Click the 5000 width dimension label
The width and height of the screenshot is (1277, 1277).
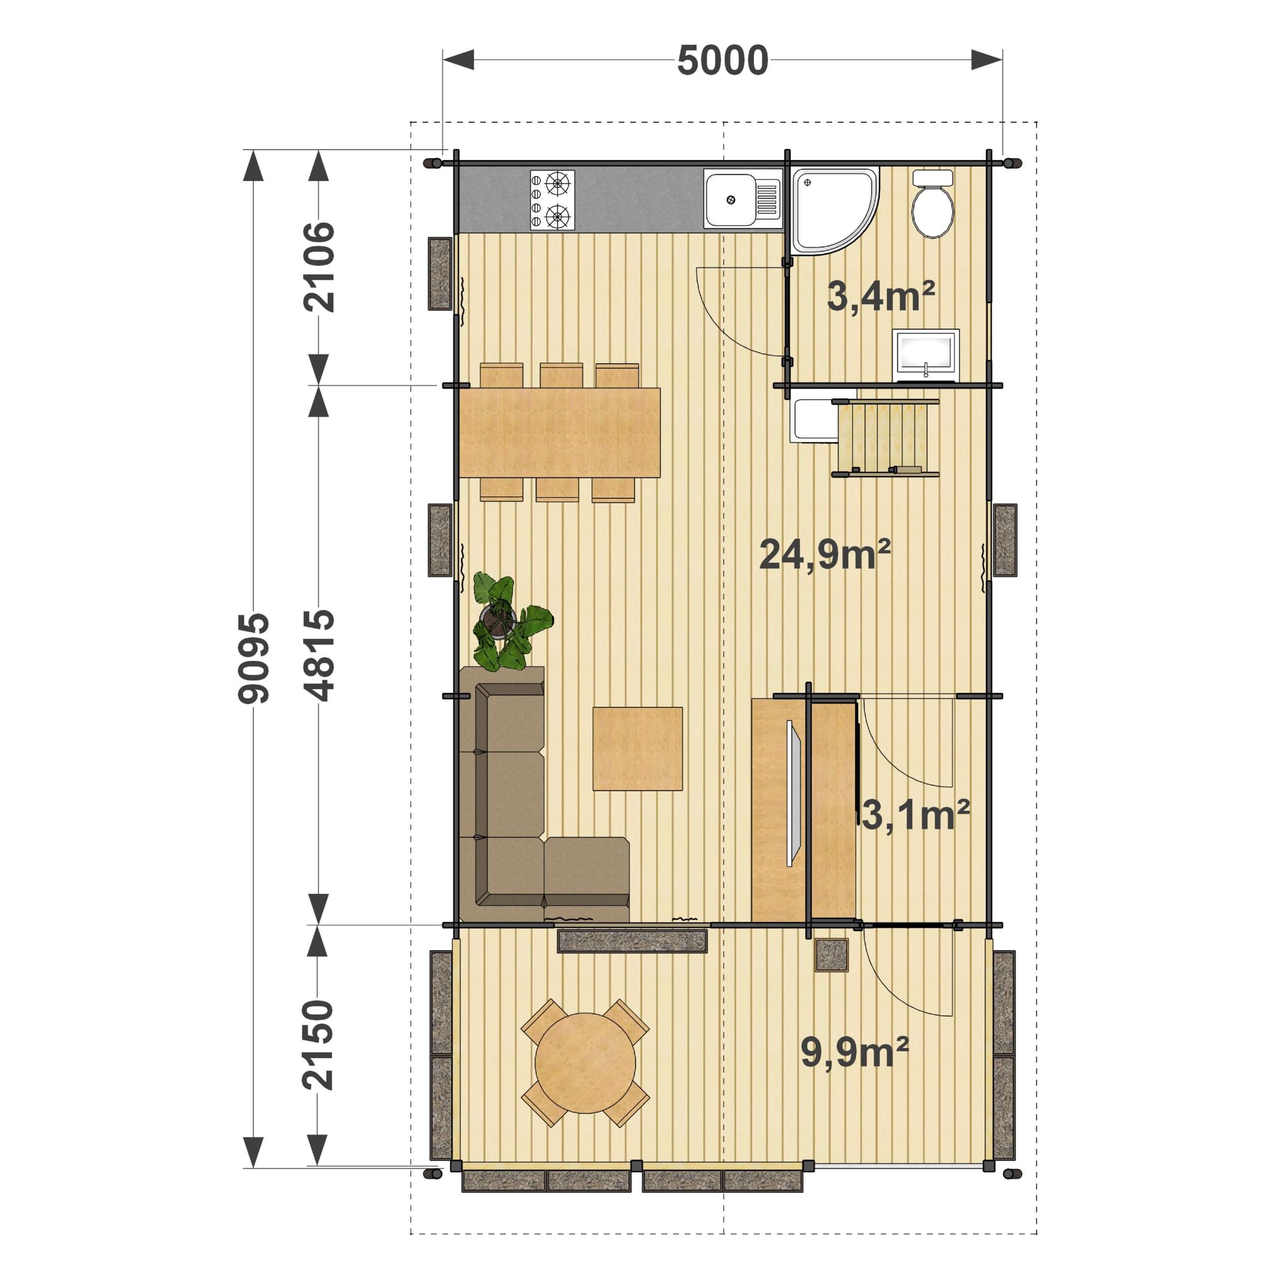click(x=722, y=60)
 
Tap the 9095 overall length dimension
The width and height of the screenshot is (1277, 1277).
click(x=254, y=657)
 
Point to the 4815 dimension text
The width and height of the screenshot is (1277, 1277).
click(x=319, y=655)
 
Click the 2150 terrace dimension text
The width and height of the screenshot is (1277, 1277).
click(x=317, y=1045)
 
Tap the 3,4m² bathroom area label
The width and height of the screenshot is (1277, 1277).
click(x=880, y=296)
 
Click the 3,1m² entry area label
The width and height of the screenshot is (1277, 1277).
click(x=915, y=815)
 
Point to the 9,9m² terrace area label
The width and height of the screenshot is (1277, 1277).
click(x=854, y=1052)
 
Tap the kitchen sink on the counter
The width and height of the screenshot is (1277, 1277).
click(x=742, y=199)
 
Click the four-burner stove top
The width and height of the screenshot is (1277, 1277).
click(x=552, y=200)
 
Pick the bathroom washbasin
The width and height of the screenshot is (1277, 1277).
click(x=925, y=356)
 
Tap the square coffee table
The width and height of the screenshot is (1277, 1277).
click(x=637, y=748)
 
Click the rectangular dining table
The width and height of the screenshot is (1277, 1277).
click(x=559, y=432)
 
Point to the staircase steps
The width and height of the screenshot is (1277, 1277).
click(x=884, y=437)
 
